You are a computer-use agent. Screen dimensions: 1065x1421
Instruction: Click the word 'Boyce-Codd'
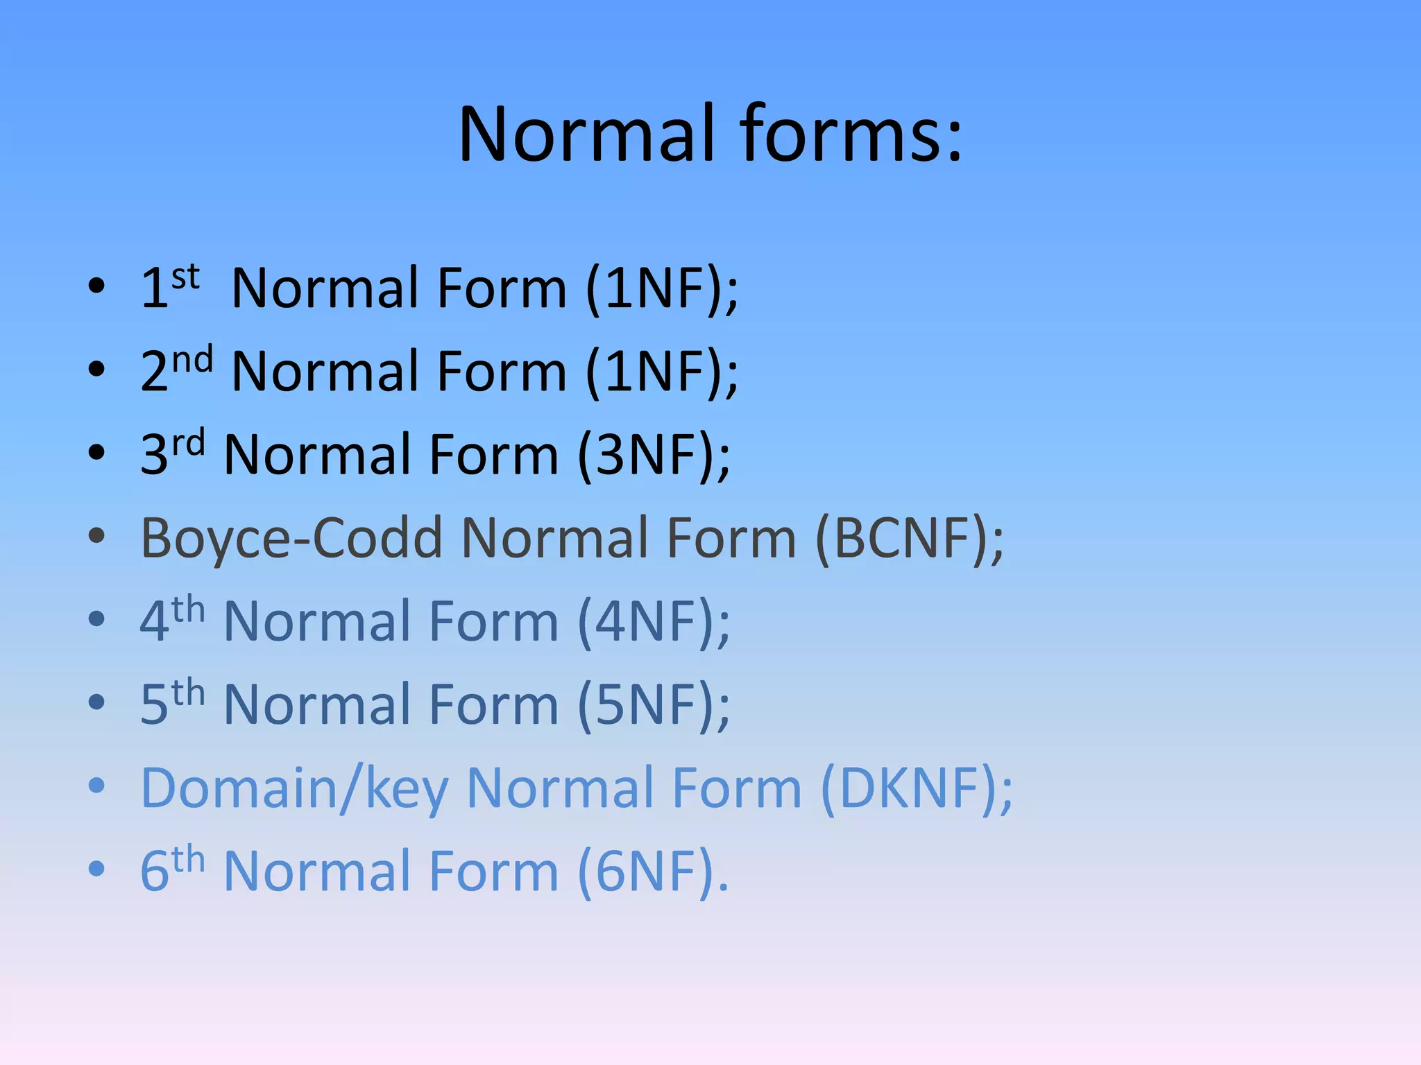291,538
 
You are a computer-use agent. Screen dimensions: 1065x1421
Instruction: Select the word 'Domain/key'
295,788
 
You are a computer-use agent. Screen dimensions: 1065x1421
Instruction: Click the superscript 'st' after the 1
185,277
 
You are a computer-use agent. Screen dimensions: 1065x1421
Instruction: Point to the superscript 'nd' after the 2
192,361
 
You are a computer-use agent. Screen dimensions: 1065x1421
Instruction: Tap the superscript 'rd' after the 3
189,444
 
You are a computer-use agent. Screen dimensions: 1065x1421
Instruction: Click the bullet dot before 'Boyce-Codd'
96,535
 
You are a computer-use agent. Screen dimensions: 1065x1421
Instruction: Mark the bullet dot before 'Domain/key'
96,785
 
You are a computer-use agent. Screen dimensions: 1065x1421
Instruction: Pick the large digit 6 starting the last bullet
155,872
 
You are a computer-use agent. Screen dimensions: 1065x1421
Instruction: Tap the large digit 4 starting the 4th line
155,621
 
